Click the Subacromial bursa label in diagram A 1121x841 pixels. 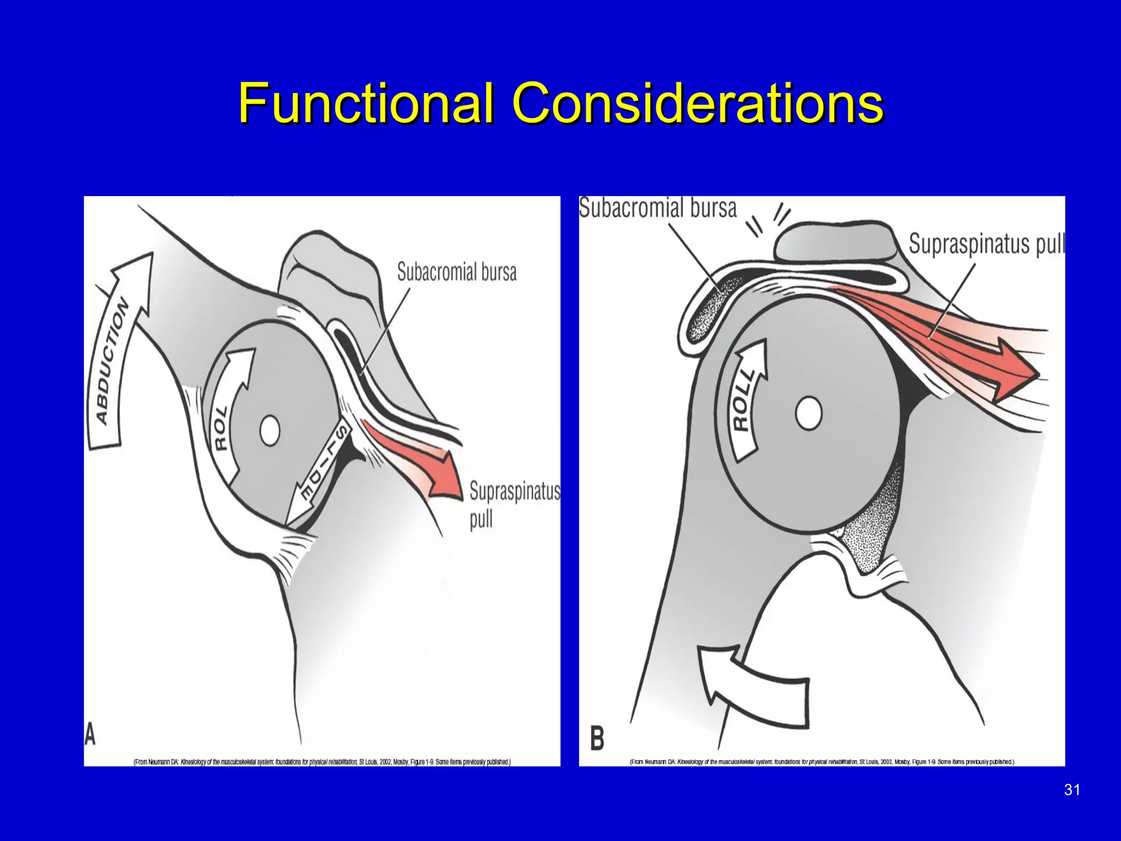click(457, 272)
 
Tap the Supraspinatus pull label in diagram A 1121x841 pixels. click(513, 504)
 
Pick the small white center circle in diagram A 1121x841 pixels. click(270, 431)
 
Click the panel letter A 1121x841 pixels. click(90, 734)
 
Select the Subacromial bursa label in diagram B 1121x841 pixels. click(658, 209)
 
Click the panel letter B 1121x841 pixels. click(597, 738)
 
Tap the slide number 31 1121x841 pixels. click(1072, 790)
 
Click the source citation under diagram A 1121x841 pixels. click(322, 762)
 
